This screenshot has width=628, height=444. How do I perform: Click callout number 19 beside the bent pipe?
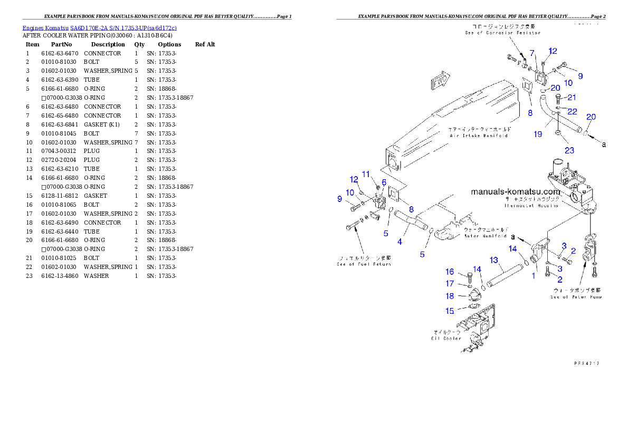click(538, 134)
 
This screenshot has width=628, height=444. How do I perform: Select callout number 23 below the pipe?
click(569, 150)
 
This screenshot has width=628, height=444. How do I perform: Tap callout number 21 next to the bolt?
click(572, 98)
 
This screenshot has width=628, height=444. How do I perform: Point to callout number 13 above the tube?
click(494, 260)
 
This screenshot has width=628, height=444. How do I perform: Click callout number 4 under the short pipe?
click(400, 242)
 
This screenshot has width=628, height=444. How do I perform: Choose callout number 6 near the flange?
click(384, 182)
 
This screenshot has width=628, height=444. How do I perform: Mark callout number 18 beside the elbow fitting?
click(450, 296)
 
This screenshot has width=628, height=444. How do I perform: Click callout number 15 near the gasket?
click(450, 311)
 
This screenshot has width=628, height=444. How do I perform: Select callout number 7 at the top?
click(532, 53)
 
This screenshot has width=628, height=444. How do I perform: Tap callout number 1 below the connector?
click(533, 275)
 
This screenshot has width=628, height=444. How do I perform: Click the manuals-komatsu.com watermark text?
click(515, 192)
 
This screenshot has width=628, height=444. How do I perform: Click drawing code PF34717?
click(587, 363)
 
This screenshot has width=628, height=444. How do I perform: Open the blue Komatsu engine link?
click(99, 27)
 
